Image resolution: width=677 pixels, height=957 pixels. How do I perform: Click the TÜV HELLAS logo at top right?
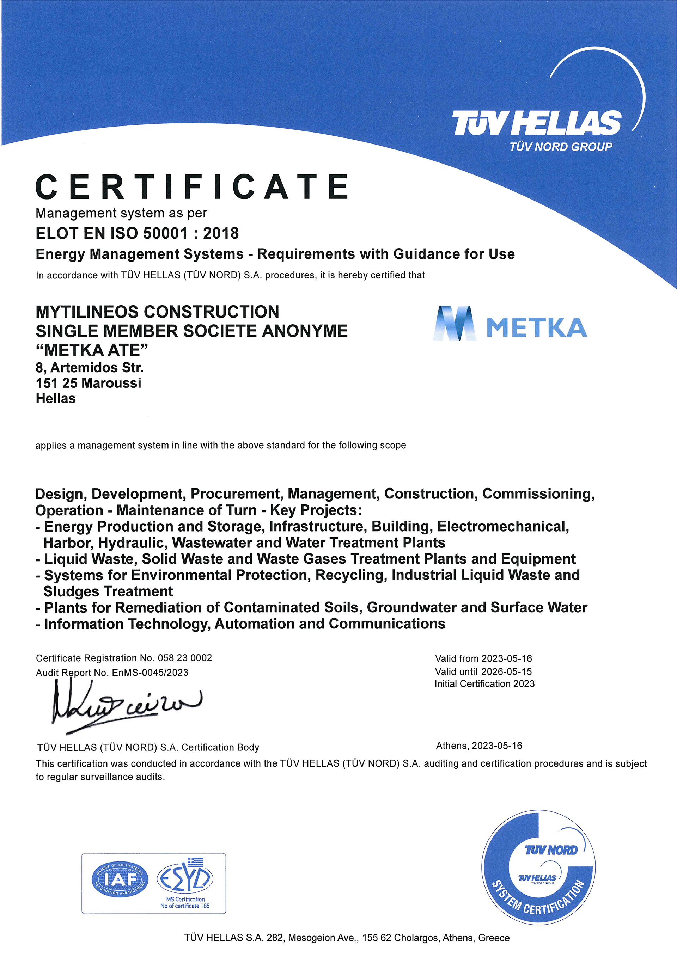[x=537, y=123]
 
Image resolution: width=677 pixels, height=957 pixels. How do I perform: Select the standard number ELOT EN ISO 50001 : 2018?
[x=137, y=233]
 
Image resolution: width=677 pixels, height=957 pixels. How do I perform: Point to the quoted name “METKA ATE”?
[x=92, y=350]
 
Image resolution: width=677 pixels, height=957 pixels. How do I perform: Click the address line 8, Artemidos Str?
[x=90, y=368]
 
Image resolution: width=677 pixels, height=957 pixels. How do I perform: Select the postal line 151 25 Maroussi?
[x=89, y=383]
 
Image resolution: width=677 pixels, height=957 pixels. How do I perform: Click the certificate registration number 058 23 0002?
[x=185, y=658]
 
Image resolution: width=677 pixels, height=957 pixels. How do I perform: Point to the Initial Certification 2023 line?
[x=484, y=683]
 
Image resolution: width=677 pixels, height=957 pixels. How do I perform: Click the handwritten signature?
[x=125, y=704]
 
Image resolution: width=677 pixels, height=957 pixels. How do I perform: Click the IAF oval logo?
[x=120, y=879]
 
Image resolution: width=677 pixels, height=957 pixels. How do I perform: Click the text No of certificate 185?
[x=185, y=906]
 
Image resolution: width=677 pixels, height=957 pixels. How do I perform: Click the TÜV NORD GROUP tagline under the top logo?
[x=561, y=147]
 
